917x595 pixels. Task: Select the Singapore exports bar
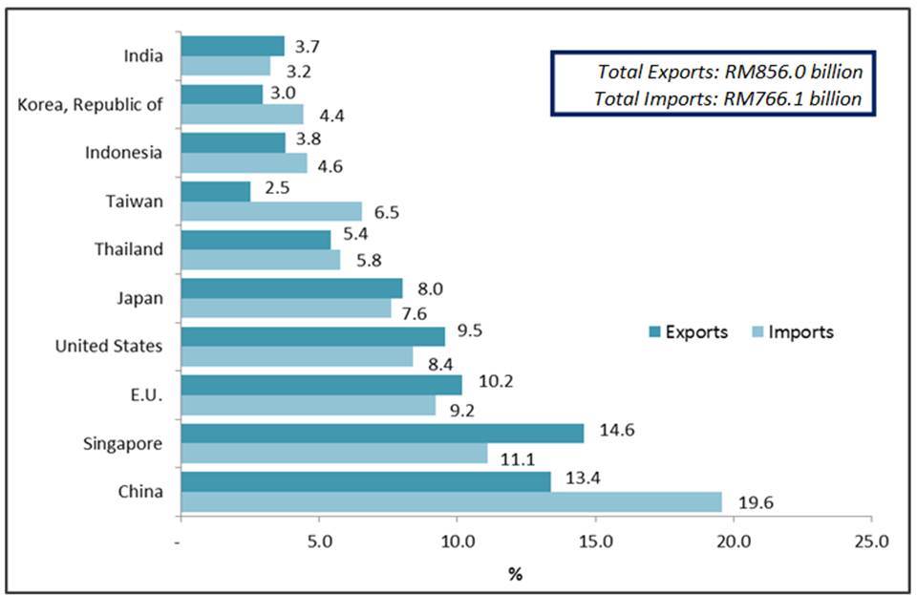pyautogui.click(x=382, y=433)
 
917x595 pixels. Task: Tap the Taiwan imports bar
pyautogui.click(x=271, y=211)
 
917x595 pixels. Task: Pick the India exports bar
pyautogui.click(x=232, y=46)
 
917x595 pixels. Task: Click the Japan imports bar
pyautogui.click(x=286, y=308)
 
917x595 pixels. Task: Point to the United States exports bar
pyautogui.click(x=312, y=335)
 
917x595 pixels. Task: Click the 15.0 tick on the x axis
pyautogui.click(x=596, y=542)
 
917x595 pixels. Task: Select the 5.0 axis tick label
pyautogui.click(x=319, y=542)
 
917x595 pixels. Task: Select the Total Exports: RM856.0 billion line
pyautogui.click(x=730, y=72)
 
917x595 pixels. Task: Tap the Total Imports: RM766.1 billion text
pyautogui.click(x=728, y=97)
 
